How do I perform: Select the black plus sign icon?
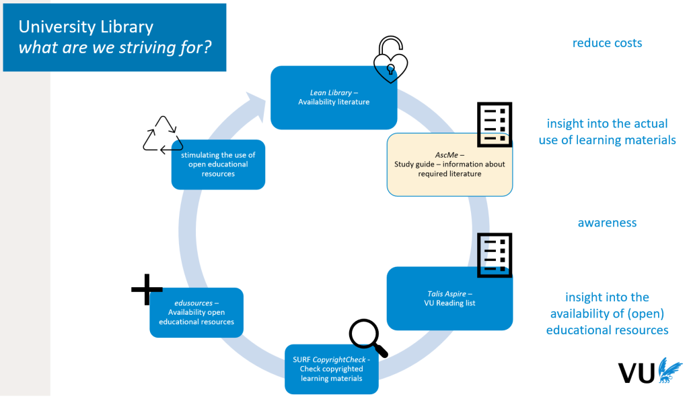[147, 290]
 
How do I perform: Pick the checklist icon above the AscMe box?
[495, 125]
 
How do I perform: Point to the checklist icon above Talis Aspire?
[495, 255]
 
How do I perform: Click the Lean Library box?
[334, 98]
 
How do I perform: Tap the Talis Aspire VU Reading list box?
[449, 299]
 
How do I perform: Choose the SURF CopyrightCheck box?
[331, 369]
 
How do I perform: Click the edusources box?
[196, 312]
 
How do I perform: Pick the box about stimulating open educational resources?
[218, 164]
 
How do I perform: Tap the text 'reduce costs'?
[607, 43]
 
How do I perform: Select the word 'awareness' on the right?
[607, 223]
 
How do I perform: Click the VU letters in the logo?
[637, 373]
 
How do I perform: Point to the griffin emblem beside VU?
[669, 370]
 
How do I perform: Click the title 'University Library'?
[86, 27]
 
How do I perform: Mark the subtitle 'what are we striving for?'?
[115, 49]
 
